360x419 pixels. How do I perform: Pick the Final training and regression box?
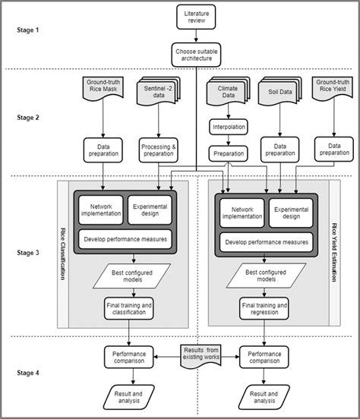coord(264,309)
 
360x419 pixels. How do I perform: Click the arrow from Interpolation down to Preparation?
coord(229,139)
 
